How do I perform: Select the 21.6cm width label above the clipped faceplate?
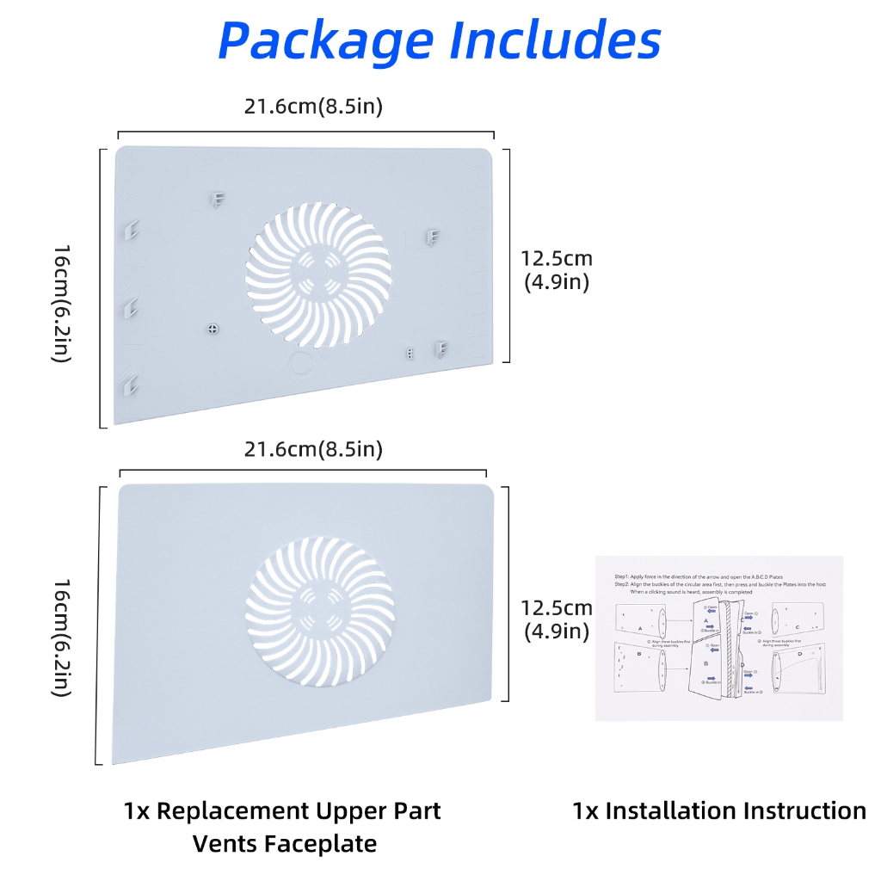313,107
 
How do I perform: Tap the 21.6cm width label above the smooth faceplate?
313,449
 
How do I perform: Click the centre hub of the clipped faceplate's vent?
317,275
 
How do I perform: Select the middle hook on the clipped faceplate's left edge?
131,307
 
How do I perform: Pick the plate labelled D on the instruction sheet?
798,670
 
